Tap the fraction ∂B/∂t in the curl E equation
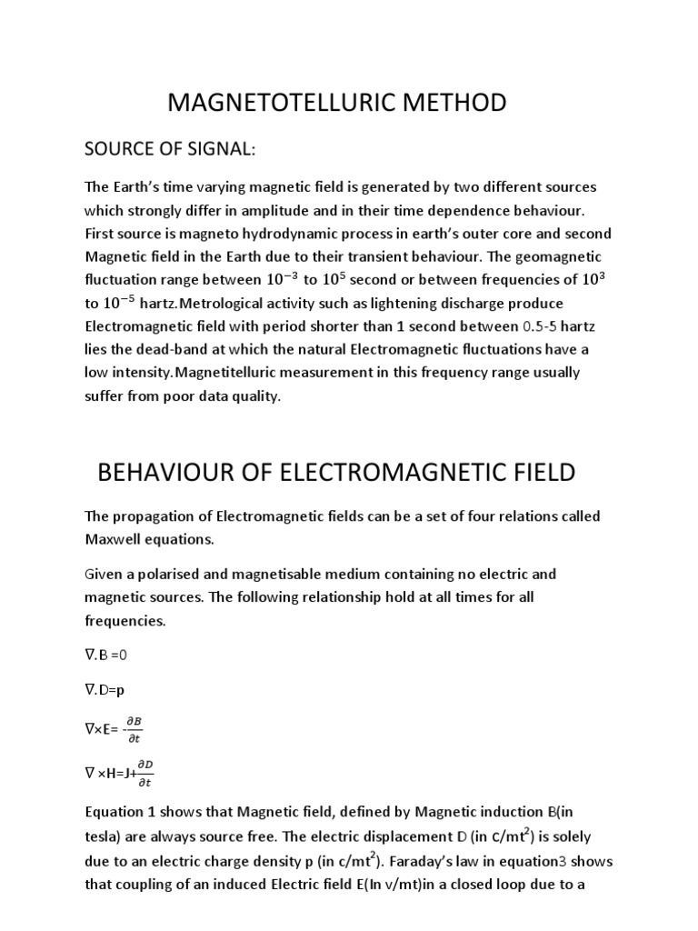click(134, 729)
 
